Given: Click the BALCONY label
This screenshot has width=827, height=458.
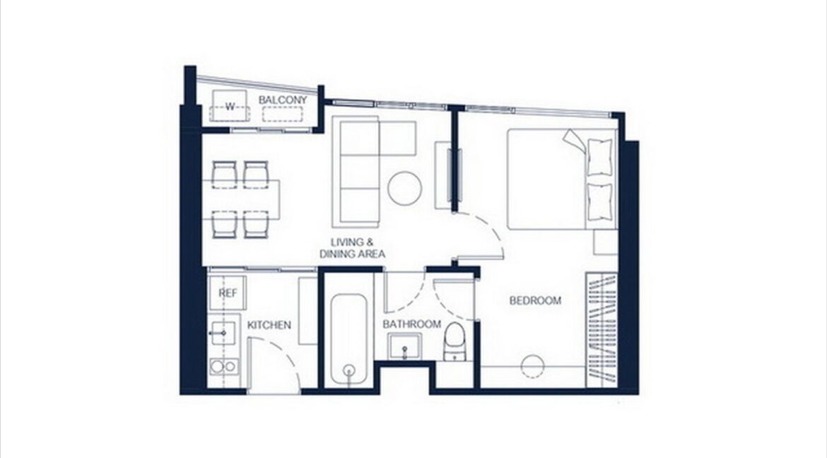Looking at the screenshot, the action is pos(282,100).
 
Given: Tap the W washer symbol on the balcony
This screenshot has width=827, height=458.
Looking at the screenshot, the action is pos(230,105).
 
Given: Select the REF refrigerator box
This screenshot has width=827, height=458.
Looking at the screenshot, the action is pos(228,293).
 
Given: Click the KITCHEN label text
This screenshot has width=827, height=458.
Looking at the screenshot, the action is pos(269,325).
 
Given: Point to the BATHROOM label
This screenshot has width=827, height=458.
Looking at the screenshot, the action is pos(411,324).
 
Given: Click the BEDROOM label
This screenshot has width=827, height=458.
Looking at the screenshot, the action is pos(535,300).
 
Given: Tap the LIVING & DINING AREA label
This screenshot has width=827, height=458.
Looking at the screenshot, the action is pos(352,248).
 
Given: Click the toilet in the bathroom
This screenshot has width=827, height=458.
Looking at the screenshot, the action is pos(454,341).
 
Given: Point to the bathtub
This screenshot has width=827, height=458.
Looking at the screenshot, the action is pos(348,339).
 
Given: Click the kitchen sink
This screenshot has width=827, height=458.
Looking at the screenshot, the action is pos(223,333).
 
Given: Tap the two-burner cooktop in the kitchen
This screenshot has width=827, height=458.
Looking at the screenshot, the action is pos(223,366).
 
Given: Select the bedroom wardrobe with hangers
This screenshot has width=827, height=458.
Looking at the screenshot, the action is pos(602,330).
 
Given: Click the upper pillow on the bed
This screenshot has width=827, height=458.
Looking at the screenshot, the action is pos(599,157).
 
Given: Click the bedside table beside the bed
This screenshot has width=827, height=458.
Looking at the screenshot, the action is pos(606,242).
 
